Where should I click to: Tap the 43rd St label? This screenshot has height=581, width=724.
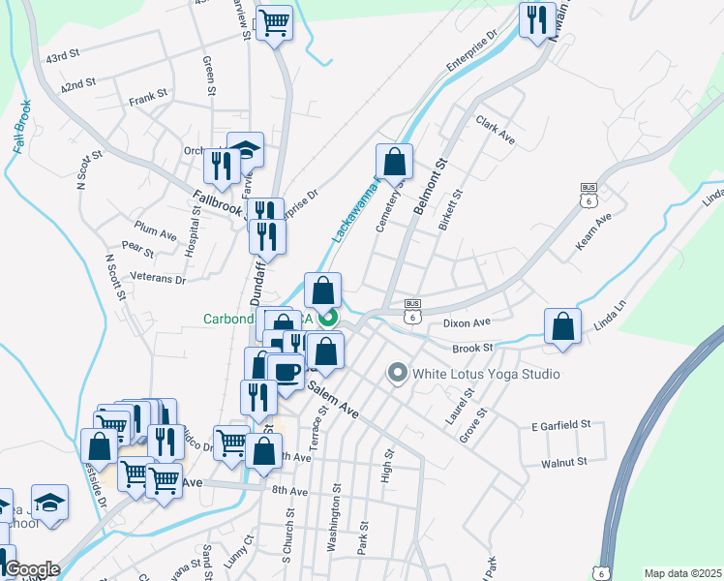tap(62, 58)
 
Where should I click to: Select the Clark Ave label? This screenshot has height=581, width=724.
tap(495, 130)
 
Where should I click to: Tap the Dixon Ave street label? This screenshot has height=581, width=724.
tap(468, 322)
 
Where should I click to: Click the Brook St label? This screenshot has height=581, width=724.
tap(473, 347)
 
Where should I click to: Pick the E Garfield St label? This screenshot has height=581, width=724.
tap(560, 425)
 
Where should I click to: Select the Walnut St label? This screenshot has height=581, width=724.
tap(564, 463)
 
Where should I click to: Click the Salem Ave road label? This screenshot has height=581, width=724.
tap(333, 399)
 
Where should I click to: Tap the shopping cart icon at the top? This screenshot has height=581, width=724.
tap(274, 20)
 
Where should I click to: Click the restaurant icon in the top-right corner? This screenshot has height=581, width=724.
tap(533, 19)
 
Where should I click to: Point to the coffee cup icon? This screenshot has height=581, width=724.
tap(286, 371)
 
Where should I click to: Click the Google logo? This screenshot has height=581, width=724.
tap(32, 569)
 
